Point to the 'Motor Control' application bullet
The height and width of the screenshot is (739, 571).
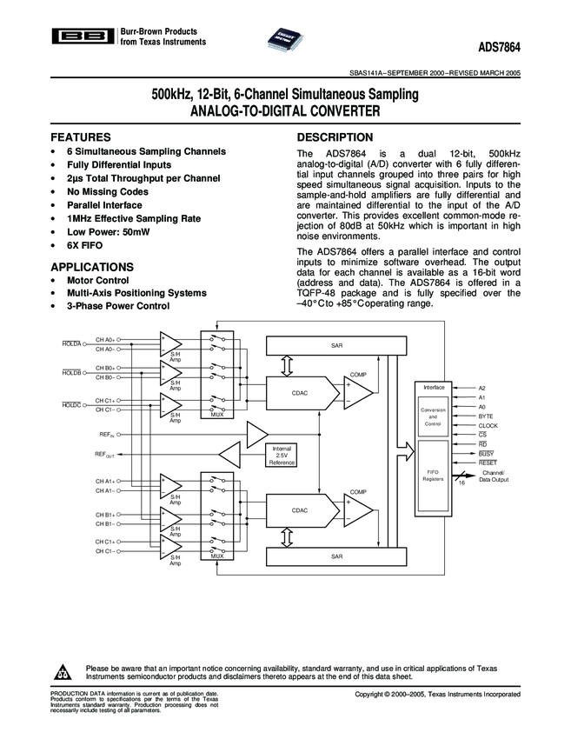pos(98,281)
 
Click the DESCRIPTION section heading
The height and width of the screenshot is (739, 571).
pos(335,137)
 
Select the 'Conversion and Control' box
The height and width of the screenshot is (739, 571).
pos(433,416)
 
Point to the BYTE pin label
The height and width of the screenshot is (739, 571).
pos(486,416)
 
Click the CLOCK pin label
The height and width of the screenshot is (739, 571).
pos(488,425)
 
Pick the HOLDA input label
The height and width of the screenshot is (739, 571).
pos(71,344)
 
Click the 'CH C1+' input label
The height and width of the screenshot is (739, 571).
pos(105,542)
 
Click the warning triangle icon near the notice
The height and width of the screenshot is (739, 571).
pos(65,672)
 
